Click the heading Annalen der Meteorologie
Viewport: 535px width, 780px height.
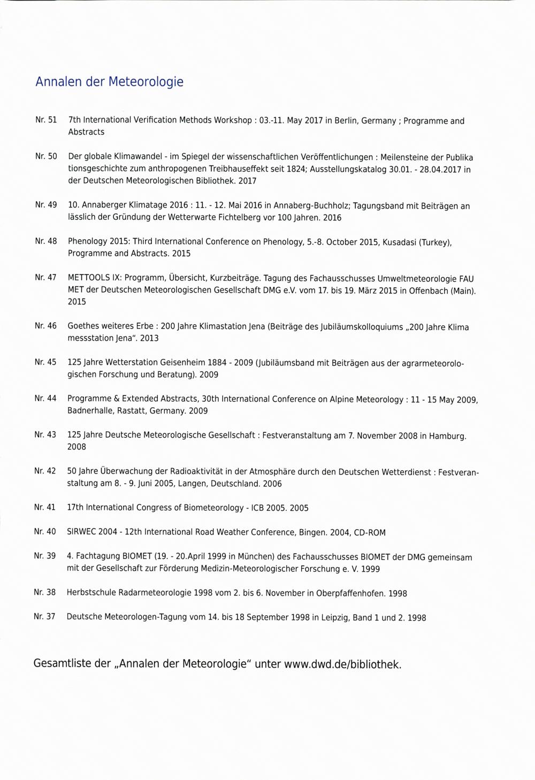[x=109, y=82]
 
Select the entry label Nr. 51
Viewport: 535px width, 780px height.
[x=46, y=120]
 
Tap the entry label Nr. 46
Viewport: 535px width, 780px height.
[x=45, y=325]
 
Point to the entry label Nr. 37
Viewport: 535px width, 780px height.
[x=44, y=616]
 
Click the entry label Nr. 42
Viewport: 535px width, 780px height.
[x=45, y=471]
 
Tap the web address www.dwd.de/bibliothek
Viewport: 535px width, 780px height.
[x=342, y=664]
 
